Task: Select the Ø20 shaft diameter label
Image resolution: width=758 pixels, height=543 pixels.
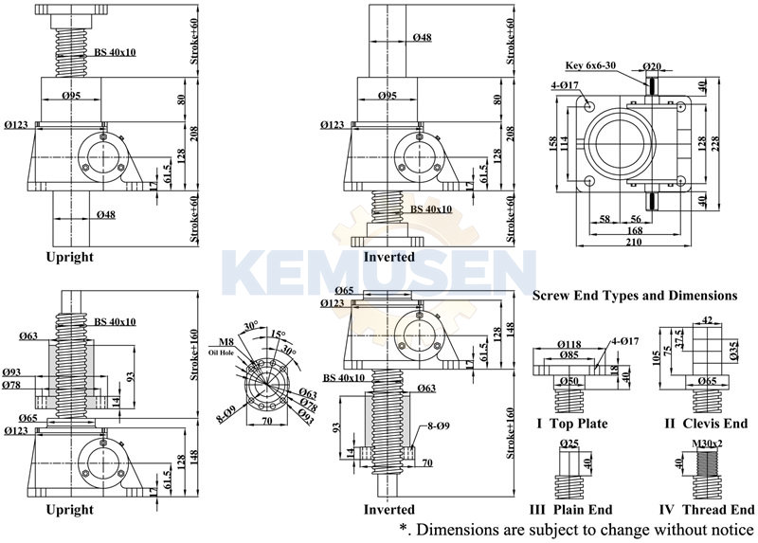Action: (652, 65)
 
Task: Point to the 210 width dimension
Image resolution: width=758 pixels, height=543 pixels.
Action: (633, 243)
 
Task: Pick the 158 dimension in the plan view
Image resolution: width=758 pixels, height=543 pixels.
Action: (553, 143)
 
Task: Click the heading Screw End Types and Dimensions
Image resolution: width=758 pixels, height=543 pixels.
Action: (635, 296)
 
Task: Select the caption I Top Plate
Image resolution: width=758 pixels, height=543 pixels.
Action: (571, 424)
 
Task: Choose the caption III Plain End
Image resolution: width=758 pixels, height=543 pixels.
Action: (572, 510)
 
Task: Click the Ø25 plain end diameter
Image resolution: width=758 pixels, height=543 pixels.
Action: (569, 443)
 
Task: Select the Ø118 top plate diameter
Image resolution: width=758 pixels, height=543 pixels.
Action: (569, 344)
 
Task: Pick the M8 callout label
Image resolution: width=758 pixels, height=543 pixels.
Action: (226, 341)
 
